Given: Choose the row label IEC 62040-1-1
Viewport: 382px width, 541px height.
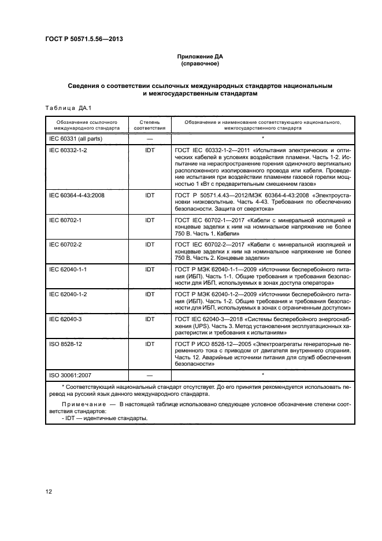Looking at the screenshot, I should point(68,269).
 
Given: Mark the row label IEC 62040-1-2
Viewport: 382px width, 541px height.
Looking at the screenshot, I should point(68,294).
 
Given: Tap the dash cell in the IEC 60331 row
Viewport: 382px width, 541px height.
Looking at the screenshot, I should point(150,139).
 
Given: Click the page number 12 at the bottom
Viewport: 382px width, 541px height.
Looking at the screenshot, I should point(49,492).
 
